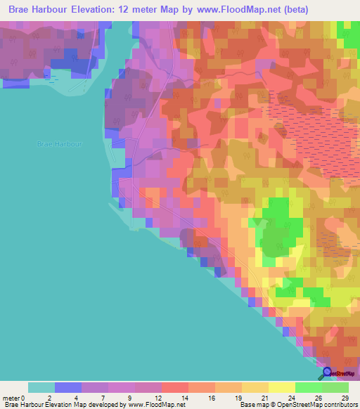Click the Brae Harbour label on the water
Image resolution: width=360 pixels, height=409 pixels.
(x=60, y=143)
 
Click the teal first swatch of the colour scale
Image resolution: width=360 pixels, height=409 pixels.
(x=41, y=387)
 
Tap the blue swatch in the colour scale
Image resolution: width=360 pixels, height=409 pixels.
(x=68, y=387)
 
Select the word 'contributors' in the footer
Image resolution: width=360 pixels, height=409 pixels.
(x=337, y=405)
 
